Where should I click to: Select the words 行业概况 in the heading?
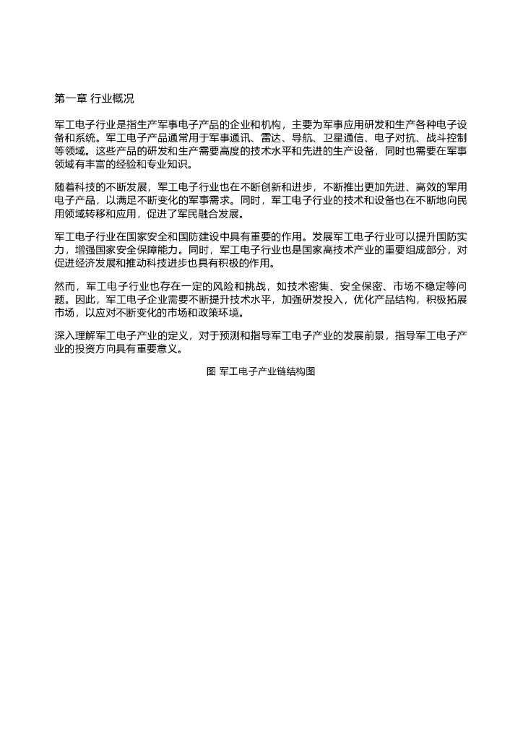click(x=112, y=98)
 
